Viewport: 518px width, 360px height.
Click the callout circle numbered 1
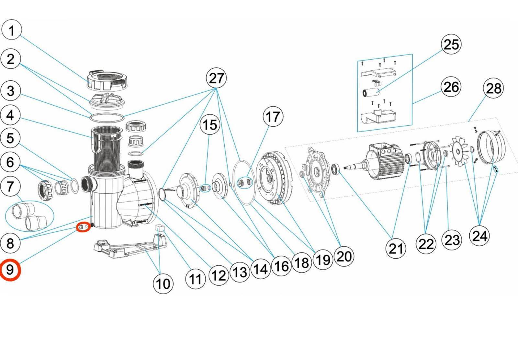[x=12, y=30]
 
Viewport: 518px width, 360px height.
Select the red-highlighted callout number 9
[x=10, y=270]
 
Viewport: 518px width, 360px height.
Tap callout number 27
[x=216, y=78]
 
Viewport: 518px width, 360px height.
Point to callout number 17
[x=273, y=117]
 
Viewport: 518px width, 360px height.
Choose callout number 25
[x=451, y=44]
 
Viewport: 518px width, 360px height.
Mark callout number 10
[x=163, y=284]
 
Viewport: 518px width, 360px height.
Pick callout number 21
[x=396, y=249]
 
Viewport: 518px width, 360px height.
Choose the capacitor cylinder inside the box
[x=371, y=92]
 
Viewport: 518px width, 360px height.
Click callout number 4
[x=10, y=115]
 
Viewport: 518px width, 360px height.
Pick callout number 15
[x=209, y=125]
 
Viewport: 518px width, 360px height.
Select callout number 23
[x=452, y=240]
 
